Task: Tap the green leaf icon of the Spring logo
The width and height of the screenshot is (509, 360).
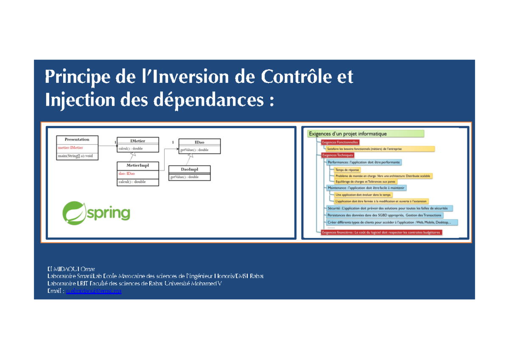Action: [x=75, y=213]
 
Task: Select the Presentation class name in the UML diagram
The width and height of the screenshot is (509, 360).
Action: [x=77, y=139]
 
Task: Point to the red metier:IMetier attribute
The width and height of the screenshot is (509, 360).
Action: [x=70, y=148]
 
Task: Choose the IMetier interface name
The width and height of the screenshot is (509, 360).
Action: [x=137, y=140]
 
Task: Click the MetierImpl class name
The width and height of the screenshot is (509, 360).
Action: [x=138, y=165]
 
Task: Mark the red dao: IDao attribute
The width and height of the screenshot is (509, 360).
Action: [x=127, y=173]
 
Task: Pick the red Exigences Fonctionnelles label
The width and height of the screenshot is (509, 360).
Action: [x=340, y=142]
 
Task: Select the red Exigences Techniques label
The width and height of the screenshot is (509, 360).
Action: [x=338, y=155]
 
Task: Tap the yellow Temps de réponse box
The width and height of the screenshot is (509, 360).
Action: [x=347, y=169]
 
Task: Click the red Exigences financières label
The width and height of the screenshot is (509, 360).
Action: [x=381, y=232]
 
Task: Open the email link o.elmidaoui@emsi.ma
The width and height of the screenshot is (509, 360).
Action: [x=94, y=291]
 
